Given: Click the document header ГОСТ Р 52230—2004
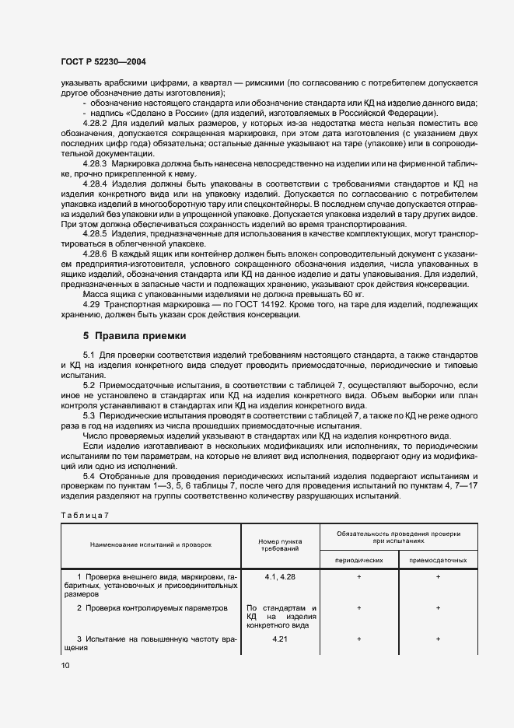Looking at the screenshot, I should pyautogui.click(x=103, y=61).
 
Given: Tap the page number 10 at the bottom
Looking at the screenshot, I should pyautogui.click(x=65, y=666).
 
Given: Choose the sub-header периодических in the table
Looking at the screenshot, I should pyautogui.click(x=358, y=559).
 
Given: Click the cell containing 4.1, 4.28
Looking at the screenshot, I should pyautogui.click(x=281, y=577).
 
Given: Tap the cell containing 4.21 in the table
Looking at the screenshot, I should pyautogui.click(x=281, y=639).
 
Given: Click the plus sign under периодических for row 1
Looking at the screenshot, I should pyautogui.click(x=358, y=577).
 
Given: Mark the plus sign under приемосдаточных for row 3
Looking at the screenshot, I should pyautogui.click(x=439, y=639).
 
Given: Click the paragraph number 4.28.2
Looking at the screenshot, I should pyautogui.click(x=96, y=123).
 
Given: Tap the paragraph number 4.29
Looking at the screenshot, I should pyautogui.click(x=92, y=305).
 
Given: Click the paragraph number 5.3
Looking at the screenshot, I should pyautogui.click(x=89, y=416).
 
